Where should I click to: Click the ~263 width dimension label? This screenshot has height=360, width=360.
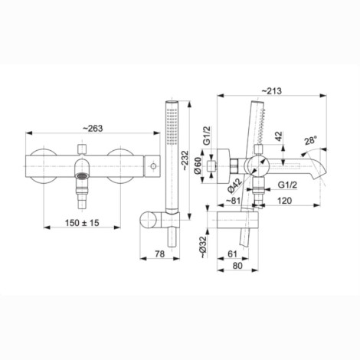pyautogui.click(x=93, y=128)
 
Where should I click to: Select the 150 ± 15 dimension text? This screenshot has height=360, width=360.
pyautogui.click(x=82, y=223)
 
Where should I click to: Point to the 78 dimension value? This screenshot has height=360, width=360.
pyautogui.click(x=160, y=254)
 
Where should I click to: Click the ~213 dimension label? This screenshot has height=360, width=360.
pyautogui.click(x=272, y=90)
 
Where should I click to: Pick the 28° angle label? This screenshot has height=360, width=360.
pyautogui.click(x=310, y=140)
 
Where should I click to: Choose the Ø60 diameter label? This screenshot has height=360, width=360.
pyautogui.click(x=198, y=166)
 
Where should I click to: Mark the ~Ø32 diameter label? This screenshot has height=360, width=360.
pyautogui.click(x=203, y=247)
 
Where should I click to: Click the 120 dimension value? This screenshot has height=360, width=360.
pyautogui.click(x=284, y=201)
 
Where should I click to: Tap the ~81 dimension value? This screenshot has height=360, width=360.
pyautogui.click(x=233, y=201)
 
